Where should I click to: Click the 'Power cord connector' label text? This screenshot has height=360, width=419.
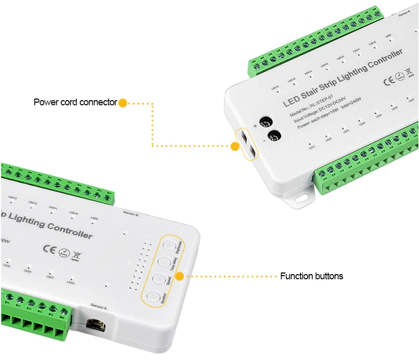click(x=75, y=102)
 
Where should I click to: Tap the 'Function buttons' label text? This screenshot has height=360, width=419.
click(x=312, y=276)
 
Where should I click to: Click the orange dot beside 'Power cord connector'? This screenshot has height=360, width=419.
click(x=122, y=103)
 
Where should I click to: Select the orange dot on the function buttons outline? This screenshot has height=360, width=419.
click(x=179, y=274)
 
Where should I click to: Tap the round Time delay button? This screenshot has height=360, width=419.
click(x=163, y=261)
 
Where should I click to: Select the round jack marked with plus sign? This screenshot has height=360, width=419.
click(x=267, y=121)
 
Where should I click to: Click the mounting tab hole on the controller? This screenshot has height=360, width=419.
click(x=301, y=199)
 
